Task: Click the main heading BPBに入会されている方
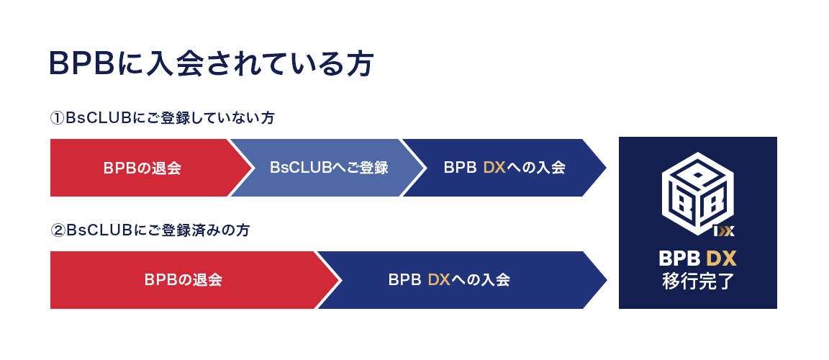(210, 63)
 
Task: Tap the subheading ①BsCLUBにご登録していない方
(162, 117)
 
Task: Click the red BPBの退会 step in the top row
(142, 168)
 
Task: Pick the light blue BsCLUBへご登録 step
(329, 168)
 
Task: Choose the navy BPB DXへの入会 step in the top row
(504, 168)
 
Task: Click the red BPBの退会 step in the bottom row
(183, 280)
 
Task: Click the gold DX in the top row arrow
(495, 168)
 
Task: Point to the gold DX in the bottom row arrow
(439, 280)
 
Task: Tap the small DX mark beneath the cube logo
(723, 231)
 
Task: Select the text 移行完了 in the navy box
(697, 280)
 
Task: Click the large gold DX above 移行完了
(721, 258)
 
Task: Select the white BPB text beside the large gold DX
(679, 258)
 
